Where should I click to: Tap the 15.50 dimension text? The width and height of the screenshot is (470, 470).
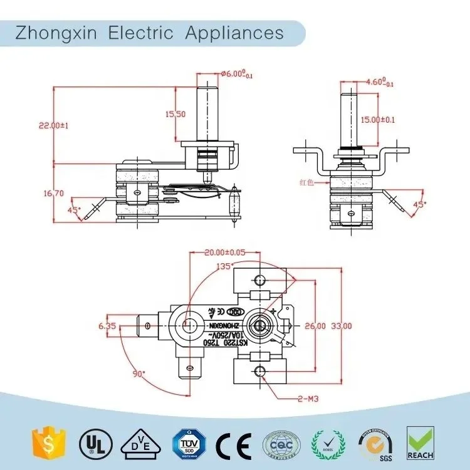pos(175,114)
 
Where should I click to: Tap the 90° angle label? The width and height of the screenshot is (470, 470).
pos(138,373)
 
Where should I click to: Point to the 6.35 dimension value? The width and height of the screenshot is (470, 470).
pos(107,326)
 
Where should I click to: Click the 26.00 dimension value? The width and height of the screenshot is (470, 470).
pos(315,326)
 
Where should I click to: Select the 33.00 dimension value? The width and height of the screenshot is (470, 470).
pos(342,326)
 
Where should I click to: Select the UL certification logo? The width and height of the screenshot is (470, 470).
pos(91,446)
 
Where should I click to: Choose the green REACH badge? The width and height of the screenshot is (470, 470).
pos(420,443)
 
